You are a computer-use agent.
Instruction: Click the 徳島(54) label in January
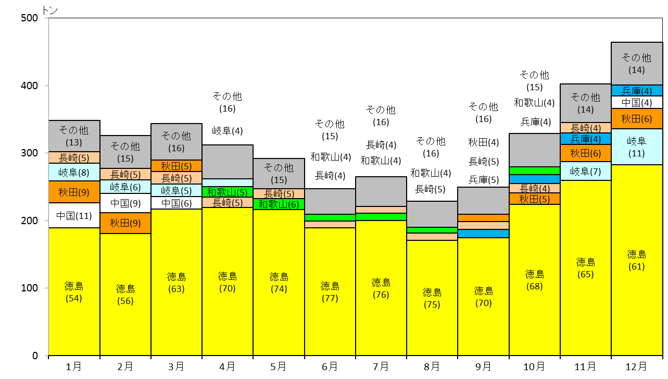73,292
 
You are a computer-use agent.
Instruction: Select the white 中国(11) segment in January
74,215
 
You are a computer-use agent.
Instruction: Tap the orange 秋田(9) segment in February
125,223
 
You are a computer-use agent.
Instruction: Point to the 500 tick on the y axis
29,18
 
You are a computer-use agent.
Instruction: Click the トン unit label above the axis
50,10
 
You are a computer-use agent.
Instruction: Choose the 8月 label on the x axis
432,366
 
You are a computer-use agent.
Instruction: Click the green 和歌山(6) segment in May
279,204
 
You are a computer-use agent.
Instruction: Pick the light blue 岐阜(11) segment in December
637,147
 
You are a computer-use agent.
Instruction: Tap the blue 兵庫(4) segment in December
637,91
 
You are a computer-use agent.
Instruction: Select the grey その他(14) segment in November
585,103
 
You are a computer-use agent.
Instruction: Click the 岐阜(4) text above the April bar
227,131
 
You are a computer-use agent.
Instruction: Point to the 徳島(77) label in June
330,292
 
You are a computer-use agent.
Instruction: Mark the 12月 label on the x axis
636,366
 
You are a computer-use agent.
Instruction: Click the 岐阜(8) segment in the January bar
74,172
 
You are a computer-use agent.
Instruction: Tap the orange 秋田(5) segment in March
177,166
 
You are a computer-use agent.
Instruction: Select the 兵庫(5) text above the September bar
483,179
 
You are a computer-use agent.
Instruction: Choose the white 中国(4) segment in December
637,103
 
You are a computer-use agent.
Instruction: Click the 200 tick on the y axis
29,221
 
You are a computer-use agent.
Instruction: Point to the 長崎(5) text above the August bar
430,189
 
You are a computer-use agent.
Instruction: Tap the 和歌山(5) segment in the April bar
228,192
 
